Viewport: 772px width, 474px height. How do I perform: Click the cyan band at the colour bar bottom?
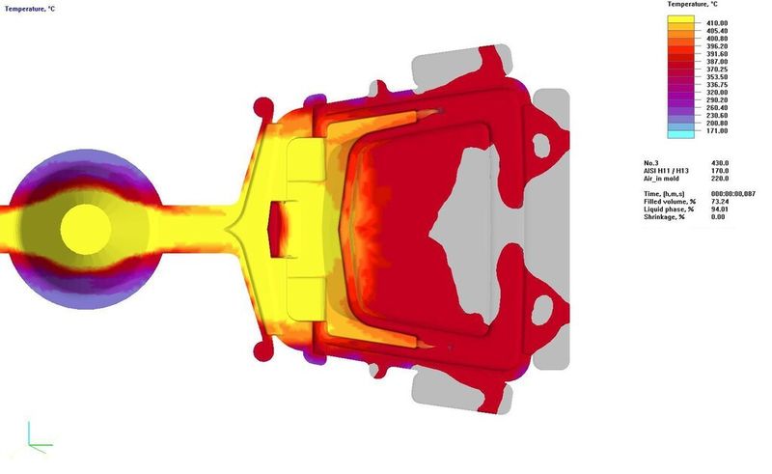tap(681, 133)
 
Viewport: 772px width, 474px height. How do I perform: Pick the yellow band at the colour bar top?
tap(681, 19)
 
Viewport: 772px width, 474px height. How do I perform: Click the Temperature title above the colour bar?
tap(692, 5)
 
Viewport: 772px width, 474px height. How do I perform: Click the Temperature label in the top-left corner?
tap(30, 9)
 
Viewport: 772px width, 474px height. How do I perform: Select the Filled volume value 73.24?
tap(720, 202)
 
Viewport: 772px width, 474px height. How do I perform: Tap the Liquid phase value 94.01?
tap(720, 209)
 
